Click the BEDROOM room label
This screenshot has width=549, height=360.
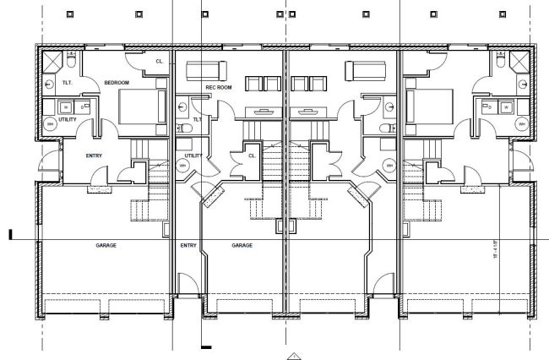click(116, 82)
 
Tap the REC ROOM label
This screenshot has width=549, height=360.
click(219, 87)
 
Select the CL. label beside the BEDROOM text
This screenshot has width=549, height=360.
click(159, 61)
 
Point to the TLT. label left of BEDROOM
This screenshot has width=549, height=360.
click(68, 82)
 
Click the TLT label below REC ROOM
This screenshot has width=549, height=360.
click(196, 119)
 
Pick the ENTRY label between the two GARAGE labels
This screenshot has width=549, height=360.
click(188, 245)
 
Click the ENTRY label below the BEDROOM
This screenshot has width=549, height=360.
click(95, 155)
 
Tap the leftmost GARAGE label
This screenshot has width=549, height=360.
click(106, 245)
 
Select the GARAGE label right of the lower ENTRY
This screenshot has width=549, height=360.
click(242, 245)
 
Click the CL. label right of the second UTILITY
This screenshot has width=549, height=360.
click(253, 155)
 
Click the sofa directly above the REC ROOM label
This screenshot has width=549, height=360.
click(206, 69)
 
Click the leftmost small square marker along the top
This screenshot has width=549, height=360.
click(69, 14)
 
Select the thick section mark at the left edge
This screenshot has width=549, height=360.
click(10, 234)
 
